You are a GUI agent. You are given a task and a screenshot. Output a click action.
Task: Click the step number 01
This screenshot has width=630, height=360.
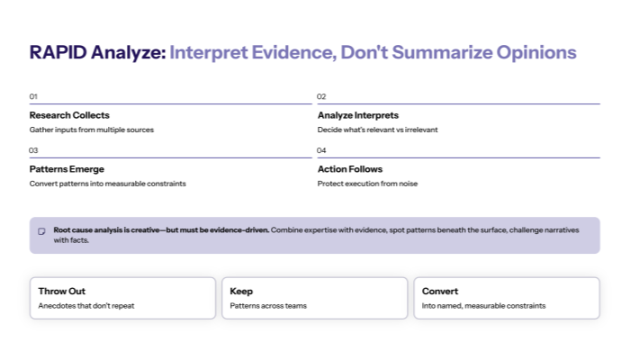33,96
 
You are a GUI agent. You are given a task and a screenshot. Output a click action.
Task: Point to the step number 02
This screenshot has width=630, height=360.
321,96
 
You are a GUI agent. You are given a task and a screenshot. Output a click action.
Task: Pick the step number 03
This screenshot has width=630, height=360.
33,150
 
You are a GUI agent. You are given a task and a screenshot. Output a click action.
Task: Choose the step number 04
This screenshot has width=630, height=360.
321,150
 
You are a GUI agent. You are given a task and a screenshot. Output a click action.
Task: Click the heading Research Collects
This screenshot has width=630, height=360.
69,115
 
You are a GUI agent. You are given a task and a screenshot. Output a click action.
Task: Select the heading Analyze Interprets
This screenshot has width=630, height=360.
358,115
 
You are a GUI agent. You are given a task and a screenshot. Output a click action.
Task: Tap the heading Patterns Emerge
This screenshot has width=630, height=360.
67,169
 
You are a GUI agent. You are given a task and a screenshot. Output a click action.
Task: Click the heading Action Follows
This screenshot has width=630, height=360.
350,169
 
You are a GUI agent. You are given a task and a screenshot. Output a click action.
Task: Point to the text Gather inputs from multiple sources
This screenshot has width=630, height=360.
92,130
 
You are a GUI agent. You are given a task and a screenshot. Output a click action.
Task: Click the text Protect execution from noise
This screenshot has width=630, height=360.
367,184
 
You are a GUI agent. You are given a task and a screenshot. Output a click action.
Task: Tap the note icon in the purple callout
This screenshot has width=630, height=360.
41,231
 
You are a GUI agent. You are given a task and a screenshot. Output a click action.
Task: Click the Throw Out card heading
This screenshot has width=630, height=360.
62,292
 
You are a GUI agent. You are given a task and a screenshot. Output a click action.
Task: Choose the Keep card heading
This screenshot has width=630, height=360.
241,292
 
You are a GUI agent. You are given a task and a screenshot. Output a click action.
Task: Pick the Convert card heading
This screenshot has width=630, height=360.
440,292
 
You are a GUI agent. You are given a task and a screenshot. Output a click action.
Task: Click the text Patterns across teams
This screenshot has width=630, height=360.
269,306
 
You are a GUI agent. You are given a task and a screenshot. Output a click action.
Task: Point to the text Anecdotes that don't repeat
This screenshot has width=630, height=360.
85,306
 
